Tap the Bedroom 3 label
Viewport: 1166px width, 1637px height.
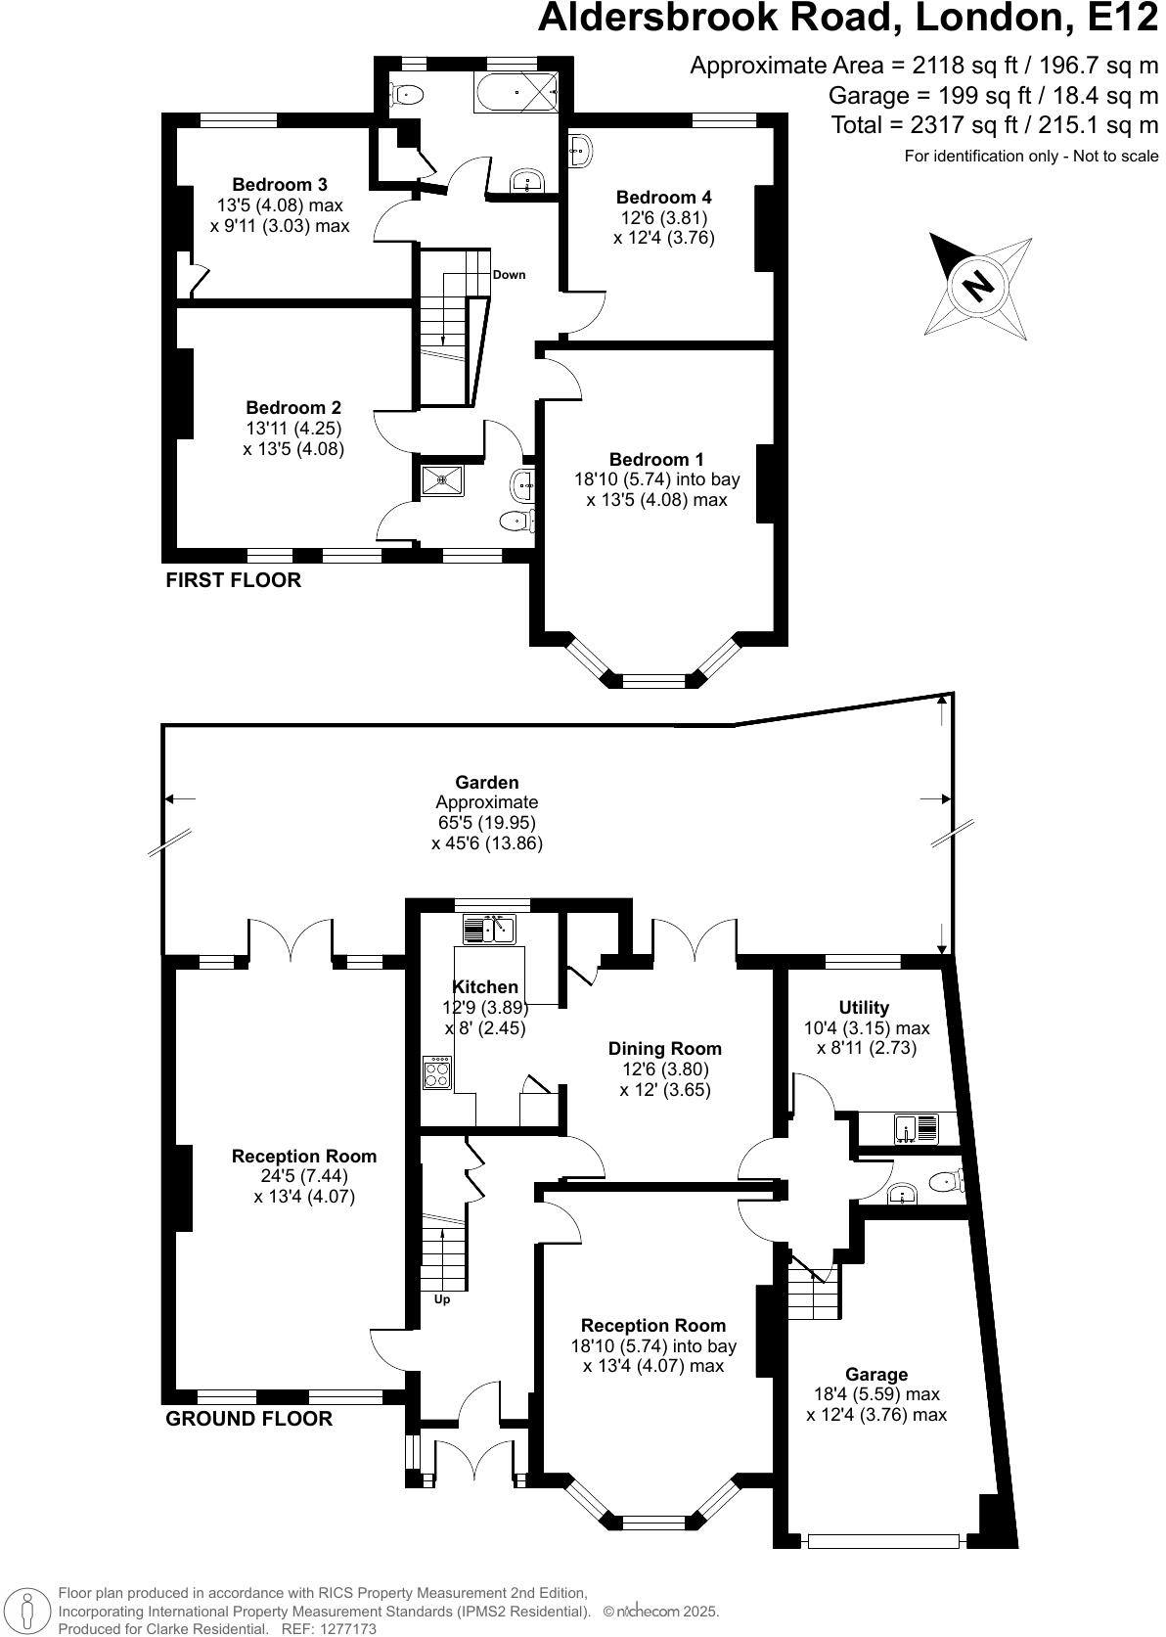coord(280,185)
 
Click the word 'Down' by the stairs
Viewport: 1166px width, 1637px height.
coord(509,275)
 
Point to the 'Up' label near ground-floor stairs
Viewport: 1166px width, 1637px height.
coord(441,1299)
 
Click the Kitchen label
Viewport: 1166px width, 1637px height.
coord(485,986)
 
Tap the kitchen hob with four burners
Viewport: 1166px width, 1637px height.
coord(437,1073)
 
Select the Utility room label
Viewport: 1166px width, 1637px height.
coord(864,1007)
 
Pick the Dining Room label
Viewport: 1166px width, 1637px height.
coord(665,1049)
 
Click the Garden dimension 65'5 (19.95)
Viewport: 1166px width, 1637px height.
coord(487,823)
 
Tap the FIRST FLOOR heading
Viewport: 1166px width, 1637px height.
coord(233,580)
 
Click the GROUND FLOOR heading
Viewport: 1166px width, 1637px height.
coord(248,1419)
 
